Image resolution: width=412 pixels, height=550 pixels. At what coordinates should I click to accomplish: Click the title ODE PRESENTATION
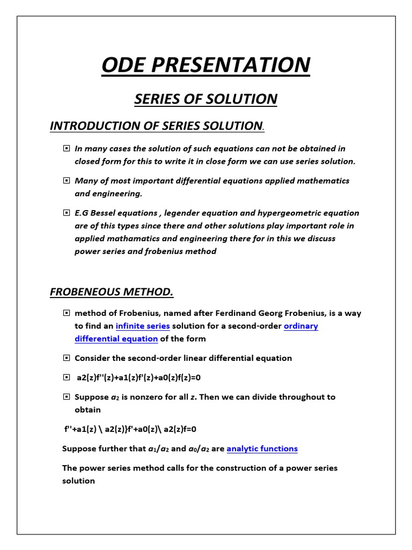click(x=205, y=65)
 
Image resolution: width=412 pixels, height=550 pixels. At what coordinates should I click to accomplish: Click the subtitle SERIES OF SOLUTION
click(x=205, y=99)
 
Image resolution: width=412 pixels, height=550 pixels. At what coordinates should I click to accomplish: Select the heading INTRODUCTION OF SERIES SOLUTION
click(x=156, y=126)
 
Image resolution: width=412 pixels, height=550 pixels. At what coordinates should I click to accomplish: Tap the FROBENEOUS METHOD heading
click(x=112, y=292)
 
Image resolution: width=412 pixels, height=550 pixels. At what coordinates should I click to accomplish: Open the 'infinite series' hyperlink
click(x=143, y=326)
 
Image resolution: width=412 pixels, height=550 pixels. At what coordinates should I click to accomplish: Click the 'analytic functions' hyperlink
click(x=262, y=448)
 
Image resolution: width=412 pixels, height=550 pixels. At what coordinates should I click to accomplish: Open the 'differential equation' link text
click(x=116, y=339)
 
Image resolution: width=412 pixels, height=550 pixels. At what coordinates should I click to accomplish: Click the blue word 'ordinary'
click(x=300, y=326)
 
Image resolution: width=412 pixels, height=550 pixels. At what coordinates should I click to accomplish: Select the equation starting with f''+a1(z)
click(x=130, y=429)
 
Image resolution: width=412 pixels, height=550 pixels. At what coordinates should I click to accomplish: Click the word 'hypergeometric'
click(x=295, y=213)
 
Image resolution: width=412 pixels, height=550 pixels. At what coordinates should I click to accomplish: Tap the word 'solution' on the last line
click(x=78, y=481)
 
